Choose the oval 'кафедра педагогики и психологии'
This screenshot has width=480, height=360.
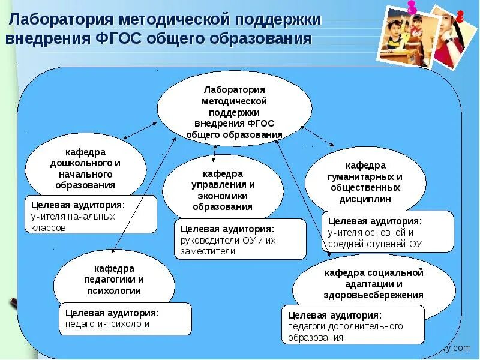(114, 280)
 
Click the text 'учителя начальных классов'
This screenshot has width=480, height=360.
(73, 222)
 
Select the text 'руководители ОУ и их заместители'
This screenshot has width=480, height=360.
(228, 246)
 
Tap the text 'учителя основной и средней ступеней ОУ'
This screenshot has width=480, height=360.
(376, 238)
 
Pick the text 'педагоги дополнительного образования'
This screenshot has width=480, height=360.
(345, 332)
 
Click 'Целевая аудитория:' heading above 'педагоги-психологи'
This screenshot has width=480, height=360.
(112, 312)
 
